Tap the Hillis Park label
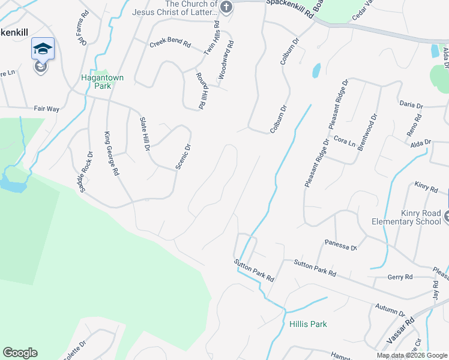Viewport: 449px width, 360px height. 308,324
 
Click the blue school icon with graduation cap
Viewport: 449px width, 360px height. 43,49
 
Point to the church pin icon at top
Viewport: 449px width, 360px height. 226,8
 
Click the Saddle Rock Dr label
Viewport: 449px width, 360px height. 86,172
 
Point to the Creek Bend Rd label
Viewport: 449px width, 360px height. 169,44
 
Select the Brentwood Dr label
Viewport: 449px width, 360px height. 367,131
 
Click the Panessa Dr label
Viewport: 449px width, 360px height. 341,245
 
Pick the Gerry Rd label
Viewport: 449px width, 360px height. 400,277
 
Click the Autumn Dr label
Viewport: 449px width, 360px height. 390,308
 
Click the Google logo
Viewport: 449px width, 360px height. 20,353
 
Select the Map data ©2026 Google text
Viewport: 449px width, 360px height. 411,355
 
